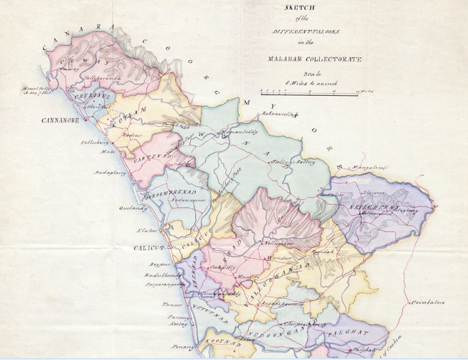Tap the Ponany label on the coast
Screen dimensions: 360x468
[x=185, y=346]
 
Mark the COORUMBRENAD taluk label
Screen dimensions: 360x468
[x=173, y=195]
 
